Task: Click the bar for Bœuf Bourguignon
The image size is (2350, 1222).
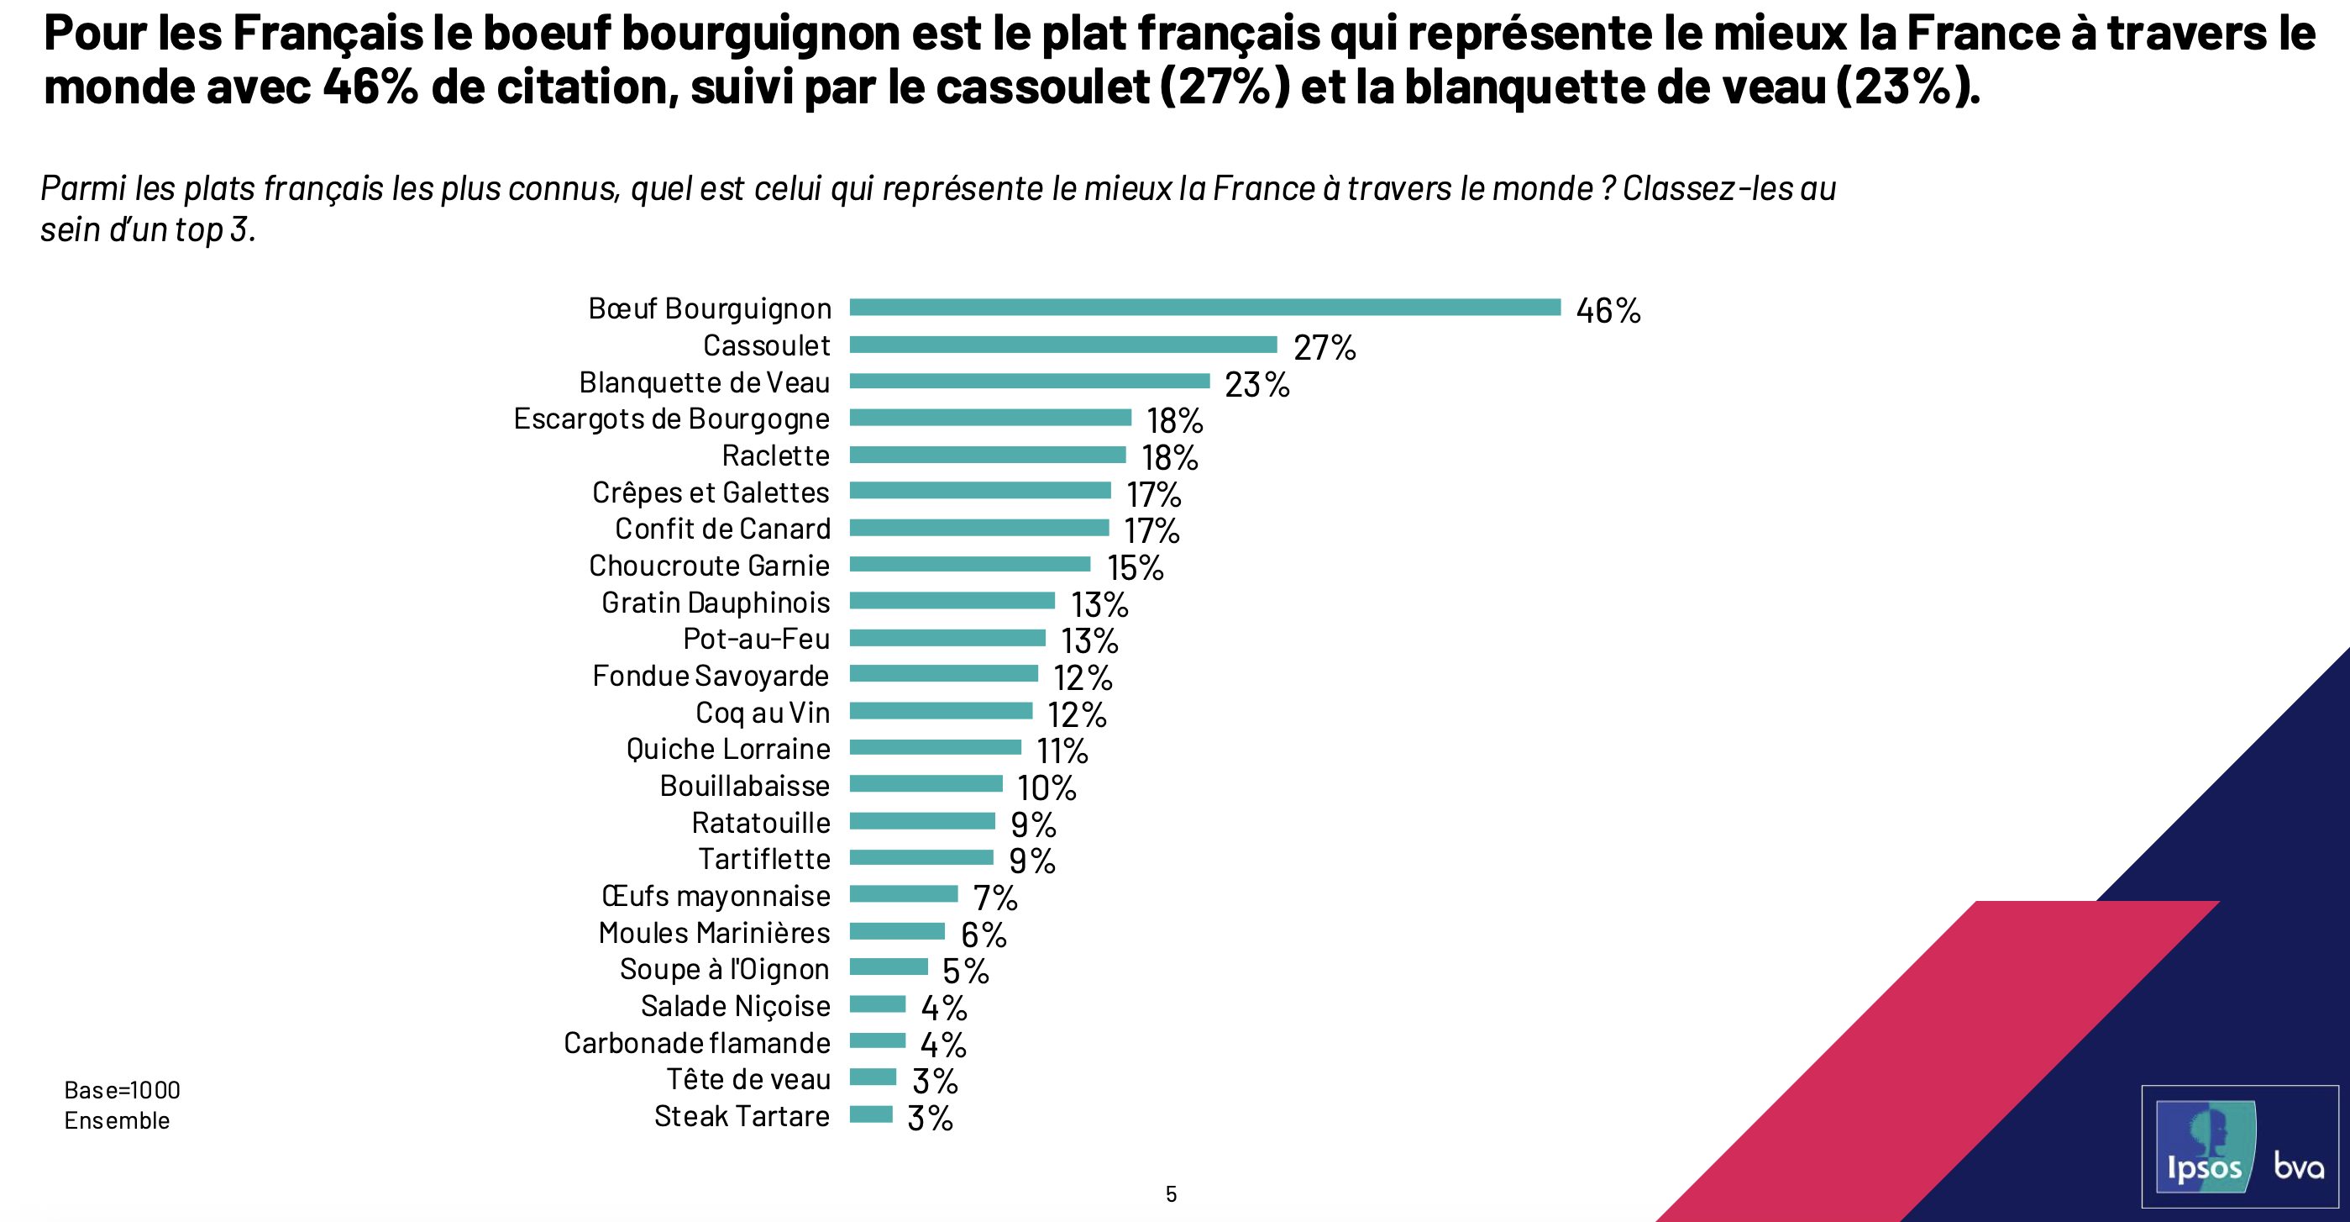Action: point(1204,308)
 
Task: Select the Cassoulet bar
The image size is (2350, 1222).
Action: point(1062,344)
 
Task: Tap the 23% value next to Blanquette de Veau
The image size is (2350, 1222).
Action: point(1256,384)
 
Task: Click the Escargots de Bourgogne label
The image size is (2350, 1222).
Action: point(671,419)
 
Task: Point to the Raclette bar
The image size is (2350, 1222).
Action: point(987,455)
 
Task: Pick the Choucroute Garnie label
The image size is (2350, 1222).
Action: point(709,566)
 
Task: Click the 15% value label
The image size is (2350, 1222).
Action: point(1135,567)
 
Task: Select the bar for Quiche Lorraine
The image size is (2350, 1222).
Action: point(935,747)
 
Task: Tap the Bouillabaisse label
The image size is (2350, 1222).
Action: point(744,786)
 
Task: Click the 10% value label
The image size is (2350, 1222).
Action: point(1046,788)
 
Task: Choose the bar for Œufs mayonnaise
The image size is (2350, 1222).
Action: point(903,894)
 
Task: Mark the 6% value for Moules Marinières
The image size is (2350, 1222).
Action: point(983,935)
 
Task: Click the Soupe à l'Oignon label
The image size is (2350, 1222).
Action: point(724,969)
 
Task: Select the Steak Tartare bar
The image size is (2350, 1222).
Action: point(870,1114)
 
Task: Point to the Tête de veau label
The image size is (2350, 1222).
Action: point(748,1080)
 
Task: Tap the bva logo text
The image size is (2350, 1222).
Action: point(2298,1166)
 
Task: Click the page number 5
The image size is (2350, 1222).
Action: point(1172,1193)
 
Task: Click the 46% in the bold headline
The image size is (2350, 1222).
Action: point(370,87)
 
